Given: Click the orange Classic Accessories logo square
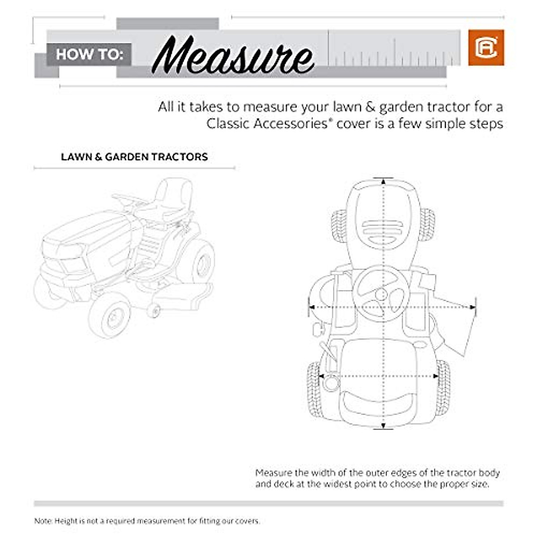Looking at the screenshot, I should (486, 47).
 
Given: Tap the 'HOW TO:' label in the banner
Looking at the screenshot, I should (89, 55).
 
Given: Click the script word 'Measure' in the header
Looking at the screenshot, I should (232, 56).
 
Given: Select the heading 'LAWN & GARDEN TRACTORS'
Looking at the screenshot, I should (134, 157).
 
